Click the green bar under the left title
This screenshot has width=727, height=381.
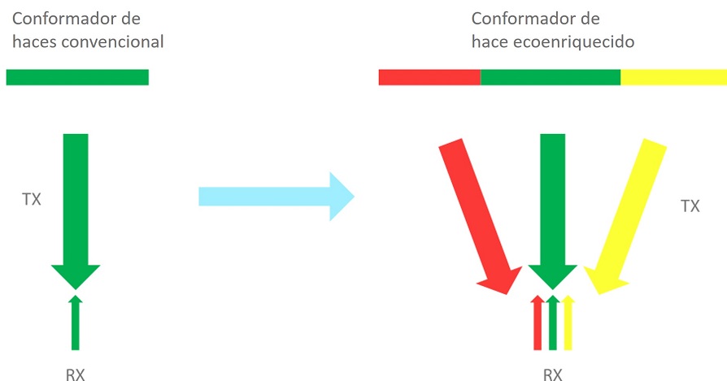coord(77,77)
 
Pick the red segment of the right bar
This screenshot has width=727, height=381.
coord(429,77)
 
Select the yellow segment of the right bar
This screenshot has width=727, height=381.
coord(673,77)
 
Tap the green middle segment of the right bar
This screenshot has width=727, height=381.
coord(551,77)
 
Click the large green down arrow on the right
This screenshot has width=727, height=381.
coord(552,207)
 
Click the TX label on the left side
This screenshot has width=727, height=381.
coord(32,197)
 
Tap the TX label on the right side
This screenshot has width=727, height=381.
coord(690,206)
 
